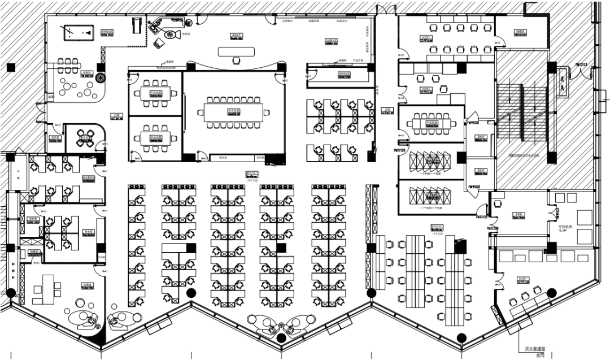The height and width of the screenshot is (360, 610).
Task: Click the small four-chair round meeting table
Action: [86, 137]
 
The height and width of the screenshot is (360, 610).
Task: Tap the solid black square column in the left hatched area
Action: [11, 68]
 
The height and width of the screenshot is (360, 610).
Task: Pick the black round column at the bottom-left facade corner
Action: [10, 292]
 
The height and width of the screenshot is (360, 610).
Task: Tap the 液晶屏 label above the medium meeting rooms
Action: [168, 62]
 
